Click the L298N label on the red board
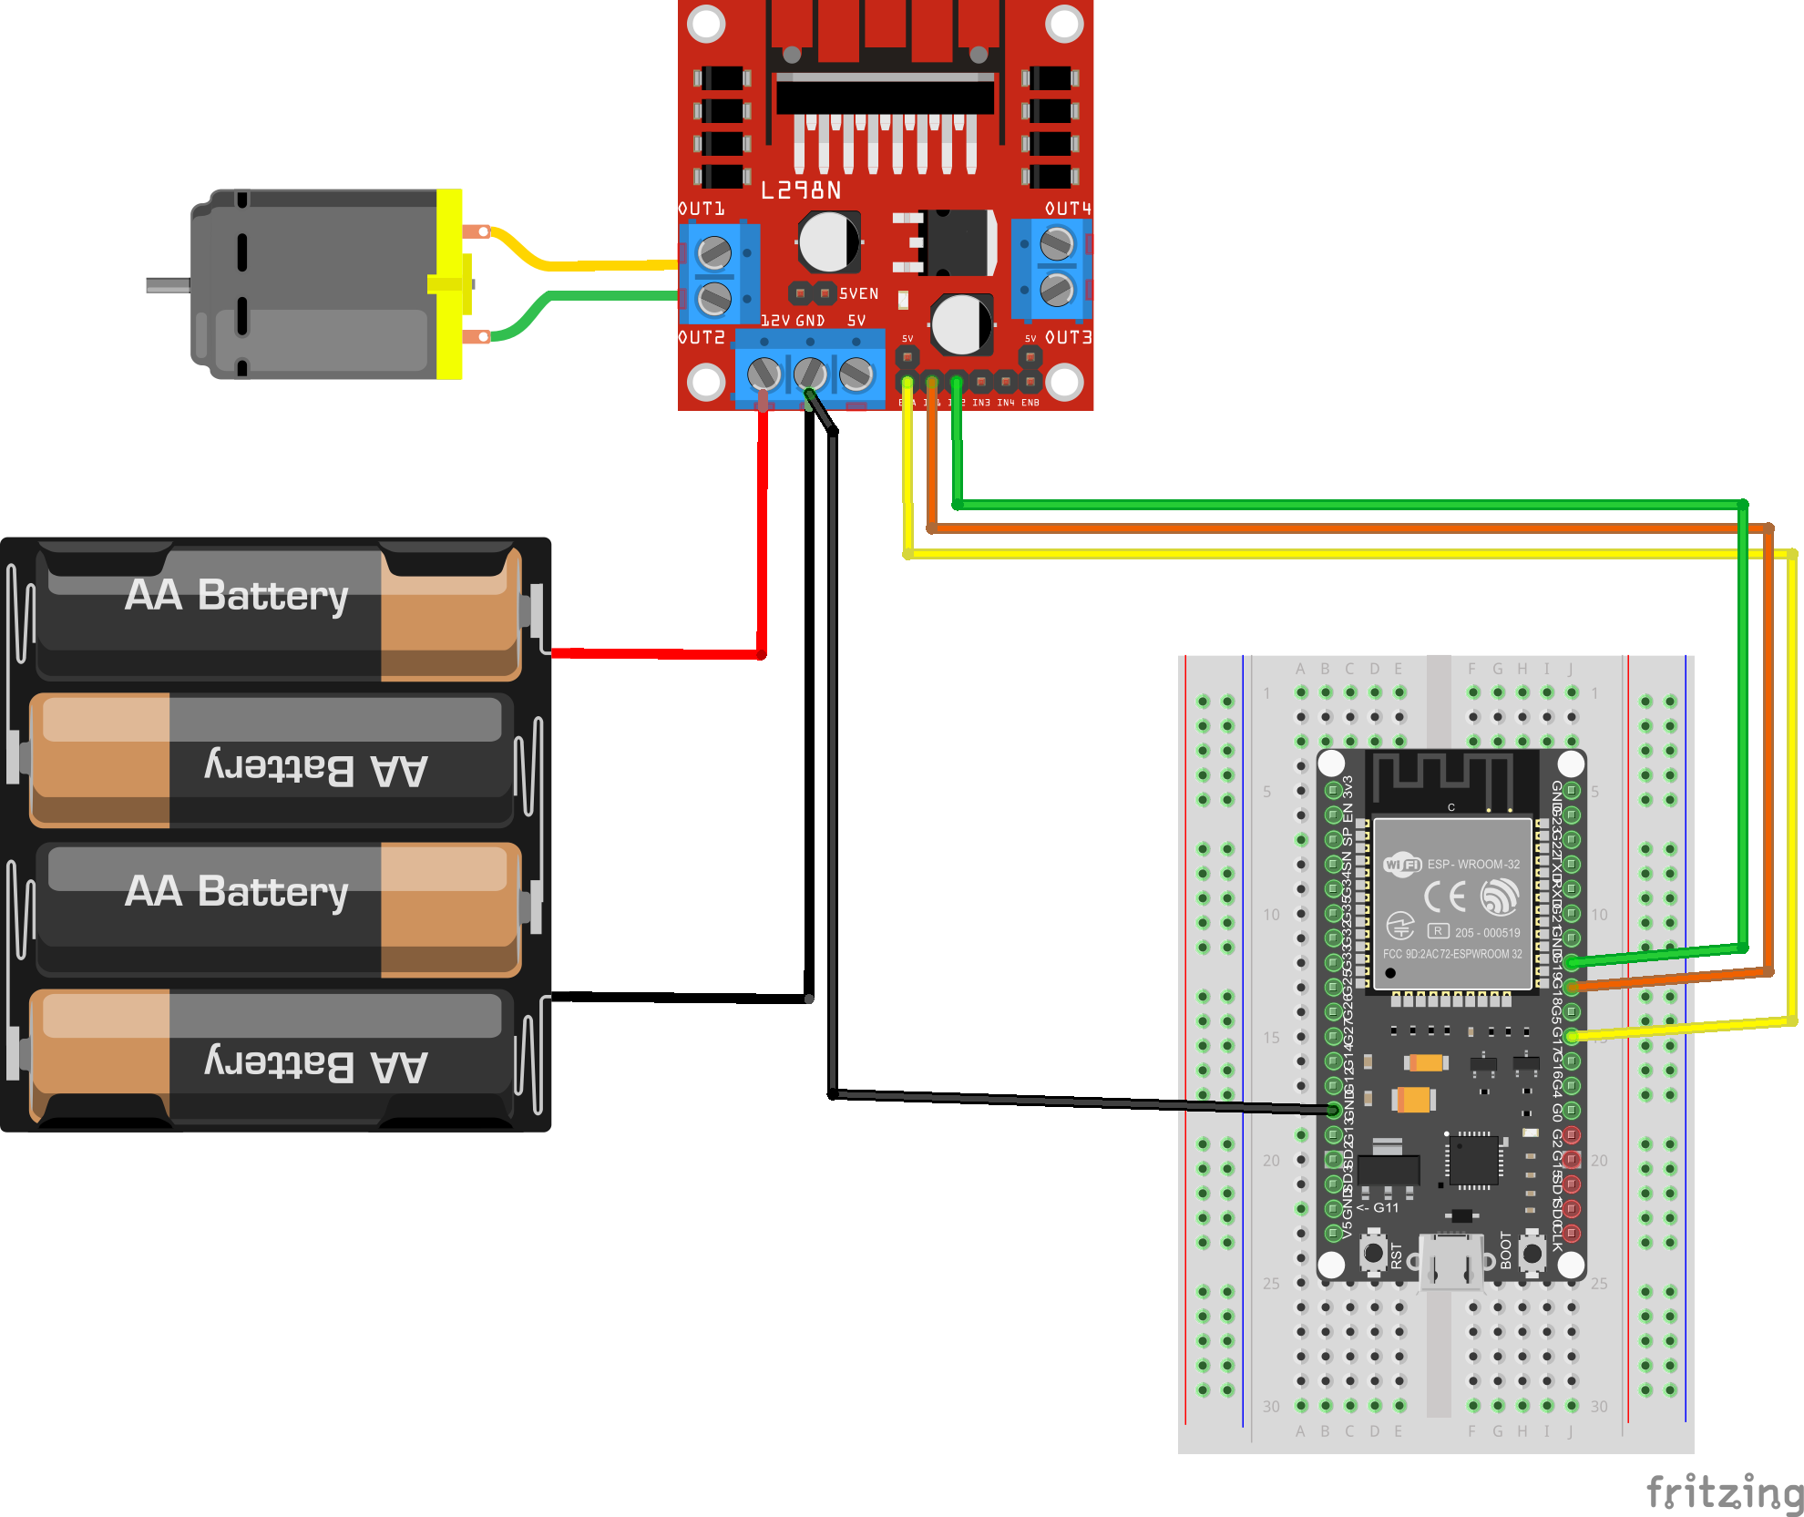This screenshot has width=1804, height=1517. (x=801, y=190)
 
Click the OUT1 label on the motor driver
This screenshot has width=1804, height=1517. (x=702, y=209)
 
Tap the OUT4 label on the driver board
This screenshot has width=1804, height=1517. (x=1068, y=209)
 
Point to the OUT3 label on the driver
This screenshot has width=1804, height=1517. (x=1068, y=337)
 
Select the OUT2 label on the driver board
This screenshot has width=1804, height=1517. (x=702, y=337)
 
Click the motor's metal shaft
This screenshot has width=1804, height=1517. (x=169, y=285)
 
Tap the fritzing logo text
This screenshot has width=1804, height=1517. (x=1725, y=1492)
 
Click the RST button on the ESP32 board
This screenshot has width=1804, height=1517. (x=1374, y=1253)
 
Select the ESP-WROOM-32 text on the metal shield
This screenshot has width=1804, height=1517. (x=1473, y=864)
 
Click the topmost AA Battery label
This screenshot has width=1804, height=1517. (x=237, y=596)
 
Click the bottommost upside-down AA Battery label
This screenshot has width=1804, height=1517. (x=316, y=1063)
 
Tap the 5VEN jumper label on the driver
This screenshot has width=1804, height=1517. (x=858, y=293)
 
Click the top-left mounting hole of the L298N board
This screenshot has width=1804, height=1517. (x=706, y=24)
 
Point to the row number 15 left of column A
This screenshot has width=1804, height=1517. (x=1271, y=1038)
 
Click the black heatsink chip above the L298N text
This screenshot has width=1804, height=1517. (x=884, y=94)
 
